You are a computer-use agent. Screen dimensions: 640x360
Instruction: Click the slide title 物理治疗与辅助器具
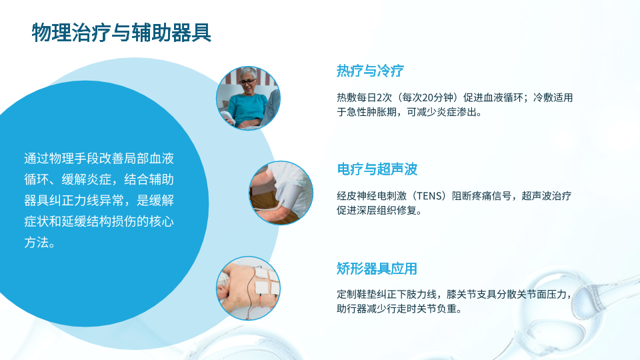121,33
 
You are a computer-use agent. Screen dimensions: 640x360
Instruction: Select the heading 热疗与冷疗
370,71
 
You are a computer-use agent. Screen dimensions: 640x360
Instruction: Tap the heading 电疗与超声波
377,169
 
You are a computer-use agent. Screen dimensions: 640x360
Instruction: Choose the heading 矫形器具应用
377,269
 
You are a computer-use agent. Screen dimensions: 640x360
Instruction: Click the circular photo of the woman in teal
248,98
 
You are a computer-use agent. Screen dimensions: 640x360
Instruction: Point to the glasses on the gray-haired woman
247,82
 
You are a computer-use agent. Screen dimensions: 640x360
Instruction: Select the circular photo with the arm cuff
281,193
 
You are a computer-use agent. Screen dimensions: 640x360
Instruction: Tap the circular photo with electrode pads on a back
248,288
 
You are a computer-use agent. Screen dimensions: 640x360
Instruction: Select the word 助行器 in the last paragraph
351,309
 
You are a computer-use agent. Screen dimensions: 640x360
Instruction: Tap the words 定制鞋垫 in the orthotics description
356,294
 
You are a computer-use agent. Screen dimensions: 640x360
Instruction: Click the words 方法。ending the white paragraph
39,243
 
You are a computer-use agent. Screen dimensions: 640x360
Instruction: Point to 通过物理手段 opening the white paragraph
61,159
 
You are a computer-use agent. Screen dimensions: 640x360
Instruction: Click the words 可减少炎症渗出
441,112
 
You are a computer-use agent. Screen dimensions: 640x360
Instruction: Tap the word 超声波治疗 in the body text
547,196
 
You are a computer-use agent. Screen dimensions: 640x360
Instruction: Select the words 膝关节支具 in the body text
472,294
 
